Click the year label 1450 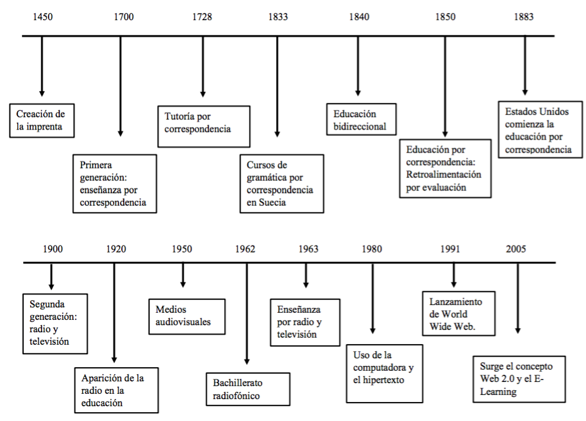43,17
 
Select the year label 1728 202,17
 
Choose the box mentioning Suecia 281,183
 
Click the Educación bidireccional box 361,119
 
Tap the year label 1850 445,17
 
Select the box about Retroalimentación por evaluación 445,168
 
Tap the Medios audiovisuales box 186,316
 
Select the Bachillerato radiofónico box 247,389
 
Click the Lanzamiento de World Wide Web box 458,313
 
